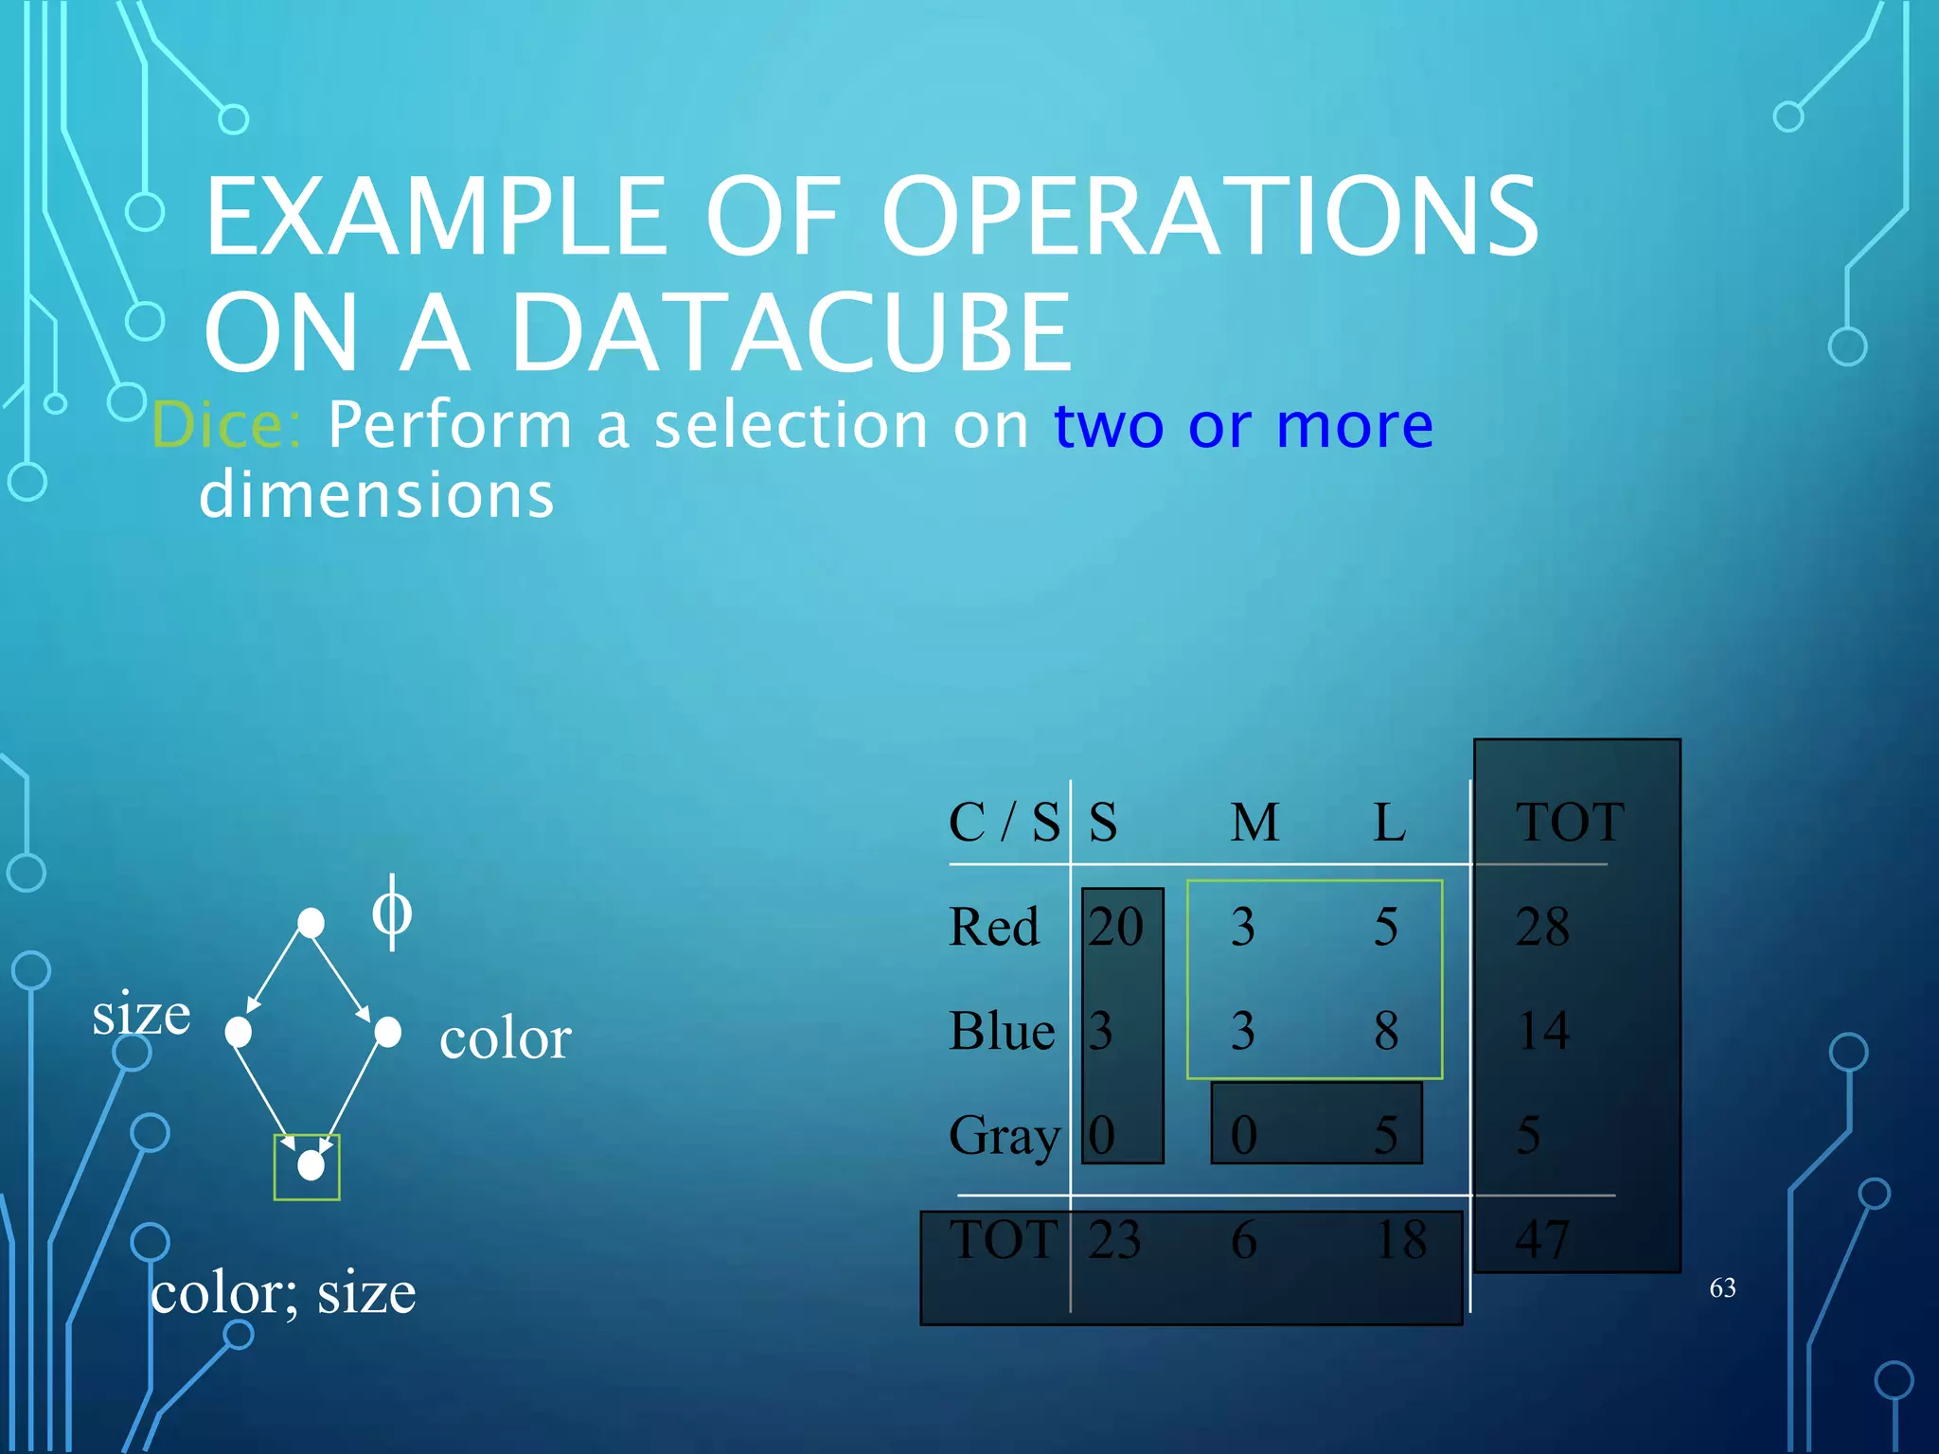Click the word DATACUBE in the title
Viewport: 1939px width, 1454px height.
[791, 333]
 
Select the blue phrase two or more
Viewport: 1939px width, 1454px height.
[1242, 424]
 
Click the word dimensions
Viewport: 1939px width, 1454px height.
[376, 495]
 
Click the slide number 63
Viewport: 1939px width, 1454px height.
[1722, 1287]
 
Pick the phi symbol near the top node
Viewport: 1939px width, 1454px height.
[391, 913]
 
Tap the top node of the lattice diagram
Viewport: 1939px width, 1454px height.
[311, 922]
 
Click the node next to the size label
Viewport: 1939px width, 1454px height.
[239, 1032]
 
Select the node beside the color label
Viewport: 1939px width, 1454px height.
[387, 1032]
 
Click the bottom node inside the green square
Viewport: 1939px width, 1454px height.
[311, 1165]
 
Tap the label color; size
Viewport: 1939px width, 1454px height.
[282, 1293]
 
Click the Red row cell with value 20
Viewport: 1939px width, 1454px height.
[1115, 926]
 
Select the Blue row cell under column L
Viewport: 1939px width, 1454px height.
[1386, 1031]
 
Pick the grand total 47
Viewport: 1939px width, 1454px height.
[1541, 1239]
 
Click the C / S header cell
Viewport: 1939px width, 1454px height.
[1004, 822]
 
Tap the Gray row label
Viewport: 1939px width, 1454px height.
[1004, 1135]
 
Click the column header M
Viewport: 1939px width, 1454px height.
[1254, 822]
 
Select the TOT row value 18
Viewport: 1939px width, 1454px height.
[1401, 1239]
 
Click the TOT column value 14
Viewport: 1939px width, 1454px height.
[1543, 1031]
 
